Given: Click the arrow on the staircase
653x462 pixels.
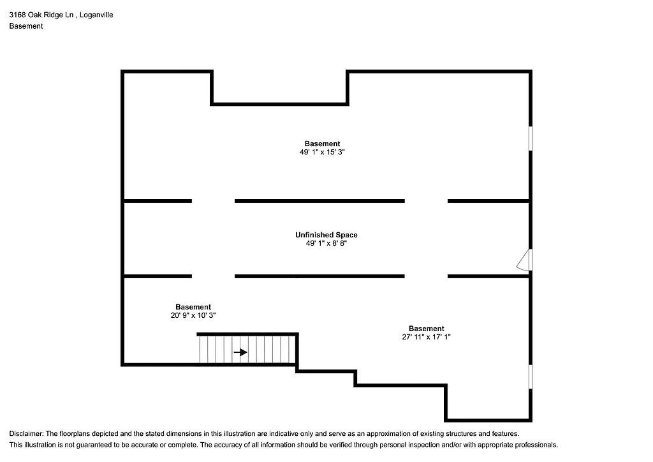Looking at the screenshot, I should (240, 352).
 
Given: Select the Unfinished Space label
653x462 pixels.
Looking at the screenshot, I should (326, 235).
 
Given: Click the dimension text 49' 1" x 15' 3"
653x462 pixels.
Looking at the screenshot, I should (322, 153).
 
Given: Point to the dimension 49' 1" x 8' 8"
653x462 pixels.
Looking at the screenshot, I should (326, 243).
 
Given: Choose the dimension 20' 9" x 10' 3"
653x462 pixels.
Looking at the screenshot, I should (193, 315).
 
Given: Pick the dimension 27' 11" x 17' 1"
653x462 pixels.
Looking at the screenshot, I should (426, 337).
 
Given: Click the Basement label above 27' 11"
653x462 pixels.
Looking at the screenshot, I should (427, 329).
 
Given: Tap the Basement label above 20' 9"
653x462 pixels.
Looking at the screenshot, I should (193, 307).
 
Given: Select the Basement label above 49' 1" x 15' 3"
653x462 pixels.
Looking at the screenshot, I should (322, 144).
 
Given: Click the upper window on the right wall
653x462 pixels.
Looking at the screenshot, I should (531, 138).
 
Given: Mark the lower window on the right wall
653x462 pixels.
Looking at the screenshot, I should (531, 376).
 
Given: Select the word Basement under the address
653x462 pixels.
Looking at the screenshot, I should (26, 26).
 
